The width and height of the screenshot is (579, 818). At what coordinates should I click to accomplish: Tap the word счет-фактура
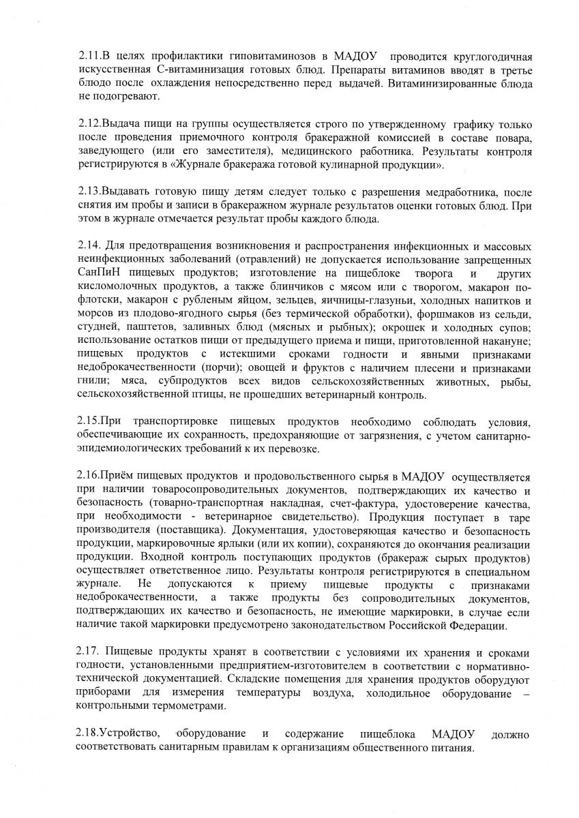368,504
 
